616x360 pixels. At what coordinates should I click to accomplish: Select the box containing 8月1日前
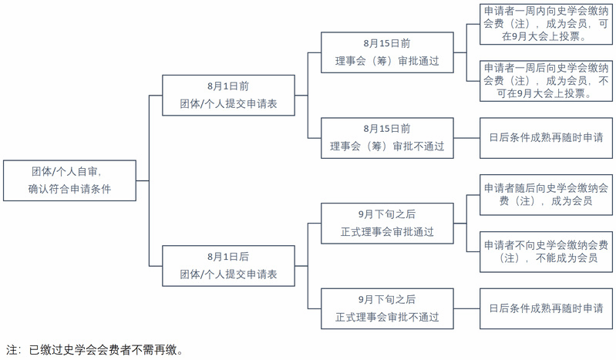(x=228, y=95)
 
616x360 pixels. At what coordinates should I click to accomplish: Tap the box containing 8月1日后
(x=228, y=265)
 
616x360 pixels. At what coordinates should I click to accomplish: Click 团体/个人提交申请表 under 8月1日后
(x=228, y=274)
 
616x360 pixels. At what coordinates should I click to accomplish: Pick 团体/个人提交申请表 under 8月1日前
(x=228, y=104)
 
